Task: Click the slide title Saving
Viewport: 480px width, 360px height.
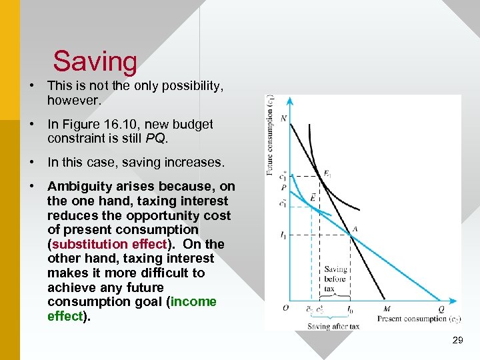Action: pyautogui.click(x=95, y=61)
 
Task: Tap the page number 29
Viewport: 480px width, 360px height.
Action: pyautogui.click(x=457, y=341)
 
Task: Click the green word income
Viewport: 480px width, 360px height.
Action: pyautogui.click(x=194, y=302)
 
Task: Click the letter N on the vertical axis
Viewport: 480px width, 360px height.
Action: pyautogui.click(x=283, y=119)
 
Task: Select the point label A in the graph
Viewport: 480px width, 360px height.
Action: pyautogui.click(x=355, y=229)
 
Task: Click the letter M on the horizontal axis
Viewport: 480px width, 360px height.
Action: pyautogui.click(x=387, y=309)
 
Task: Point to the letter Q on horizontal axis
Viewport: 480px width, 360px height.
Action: pyautogui.click(x=441, y=309)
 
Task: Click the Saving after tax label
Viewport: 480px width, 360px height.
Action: pyautogui.click(x=333, y=326)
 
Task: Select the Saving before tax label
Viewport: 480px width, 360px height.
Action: pyautogui.click(x=335, y=279)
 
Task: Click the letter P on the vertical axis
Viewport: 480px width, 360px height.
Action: pyautogui.click(x=283, y=188)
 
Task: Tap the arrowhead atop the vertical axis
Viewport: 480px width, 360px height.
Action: pyautogui.click(x=289, y=101)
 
